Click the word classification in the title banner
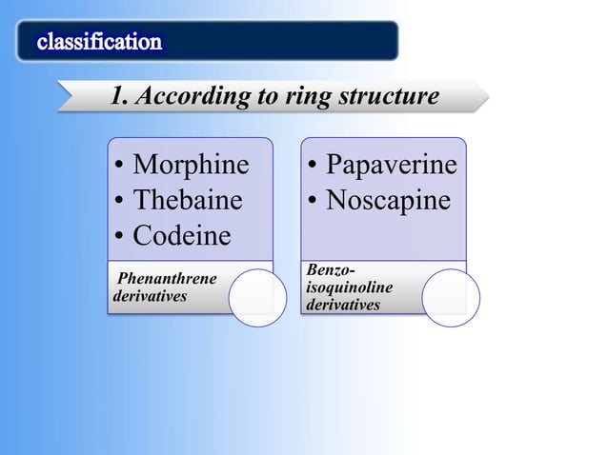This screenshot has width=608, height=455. pyautogui.click(x=99, y=42)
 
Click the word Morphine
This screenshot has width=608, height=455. pyautogui.click(x=191, y=166)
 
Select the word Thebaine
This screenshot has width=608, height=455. pyautogui.click(x=188, y=201)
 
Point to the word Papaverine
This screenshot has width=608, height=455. pyautogui.click(x=391, y=166)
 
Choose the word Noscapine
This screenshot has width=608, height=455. pyautogui.click(x=388, y=201)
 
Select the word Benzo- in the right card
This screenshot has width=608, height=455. pyautogui.click(x=329, y=271)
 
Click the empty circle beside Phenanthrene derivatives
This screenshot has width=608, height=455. pyautogui.click(x=256, y=297)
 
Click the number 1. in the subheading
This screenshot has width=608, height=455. pyautogui.click(x=119, y=97)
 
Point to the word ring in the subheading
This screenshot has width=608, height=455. pyautogui.click(x=330, y=97)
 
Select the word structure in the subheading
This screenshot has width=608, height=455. pyautogui.click(x=395, y=97)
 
